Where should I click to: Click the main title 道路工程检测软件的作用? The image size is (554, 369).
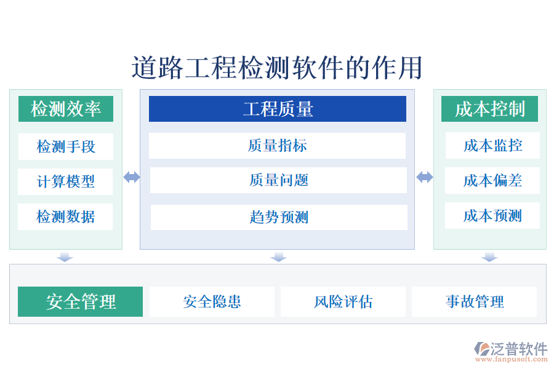tap(277, 68)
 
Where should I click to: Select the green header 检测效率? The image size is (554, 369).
tap(66, 109)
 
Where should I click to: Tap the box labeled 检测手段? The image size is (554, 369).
tap(66, 146)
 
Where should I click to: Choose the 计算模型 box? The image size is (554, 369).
tap(66, 181)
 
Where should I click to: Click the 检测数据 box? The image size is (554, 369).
tap(66, 216)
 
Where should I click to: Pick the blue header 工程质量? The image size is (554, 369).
tap(278, 109)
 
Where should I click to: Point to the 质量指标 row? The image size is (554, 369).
tap(278, 146)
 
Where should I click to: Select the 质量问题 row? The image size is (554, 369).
tap(278, 180)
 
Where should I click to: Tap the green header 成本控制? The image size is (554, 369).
tap(489, 109)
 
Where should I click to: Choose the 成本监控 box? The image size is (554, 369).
tap(492, 145)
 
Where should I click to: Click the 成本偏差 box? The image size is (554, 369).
tap(492, 180)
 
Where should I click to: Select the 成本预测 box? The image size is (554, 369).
tap(492, 215)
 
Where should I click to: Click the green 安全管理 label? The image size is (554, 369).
tap(81, 301)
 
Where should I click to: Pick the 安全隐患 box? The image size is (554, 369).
tap(212, 301)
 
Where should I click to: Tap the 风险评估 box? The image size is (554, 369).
tap(343, 301)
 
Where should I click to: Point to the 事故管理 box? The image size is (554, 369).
tap(474, 301)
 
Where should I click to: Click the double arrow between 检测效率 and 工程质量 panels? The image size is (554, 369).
tap(131, 177)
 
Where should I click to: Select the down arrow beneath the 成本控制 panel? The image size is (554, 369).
tap(489, 256)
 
